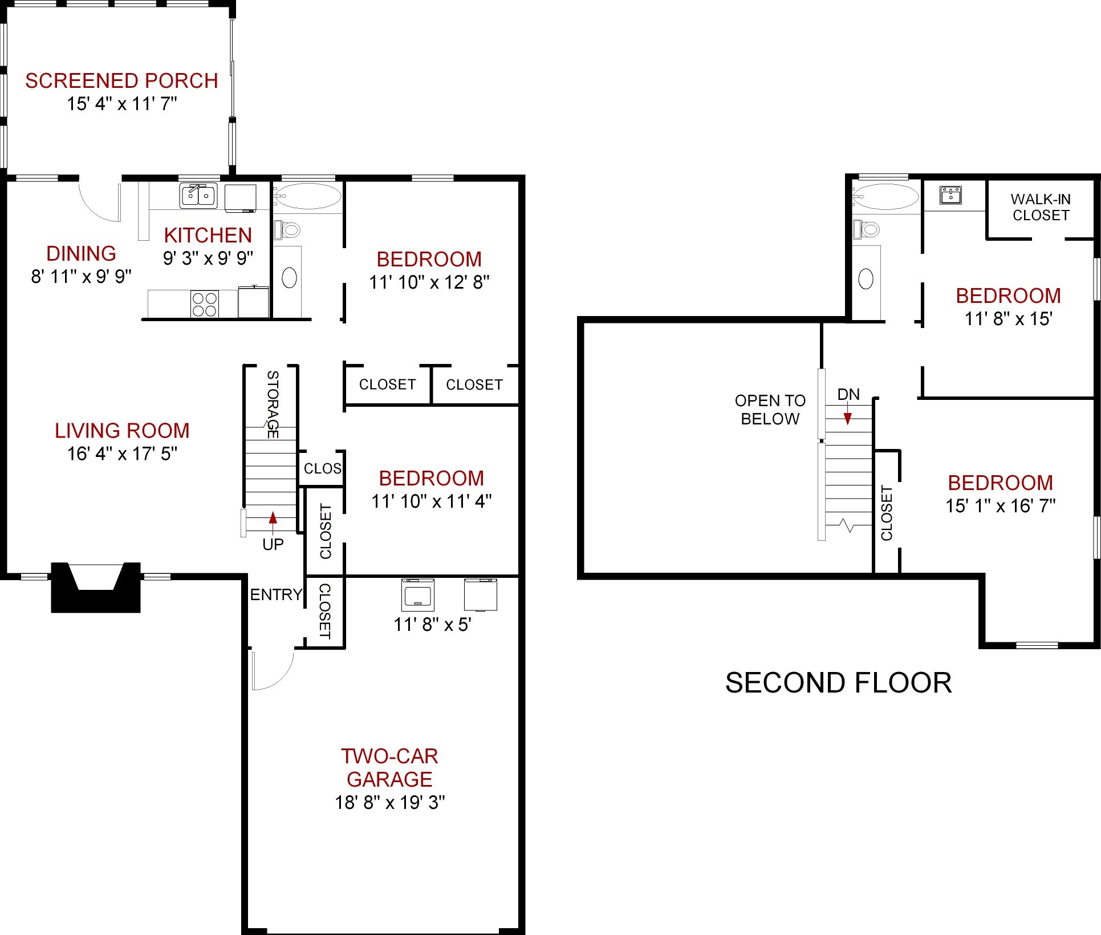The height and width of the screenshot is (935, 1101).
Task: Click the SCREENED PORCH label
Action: point(121,81)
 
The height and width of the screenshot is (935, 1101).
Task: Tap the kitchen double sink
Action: point(198,196)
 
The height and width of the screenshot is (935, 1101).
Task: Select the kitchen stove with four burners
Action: point(205,303)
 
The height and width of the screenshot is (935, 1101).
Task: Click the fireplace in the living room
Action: point(96,588)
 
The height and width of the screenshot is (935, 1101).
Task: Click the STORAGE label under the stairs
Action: point(273,404)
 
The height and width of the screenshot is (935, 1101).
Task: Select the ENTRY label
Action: point(276,594)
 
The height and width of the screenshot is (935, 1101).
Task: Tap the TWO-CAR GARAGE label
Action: point(389,767)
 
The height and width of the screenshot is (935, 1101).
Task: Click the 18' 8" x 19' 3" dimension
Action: point(389,802)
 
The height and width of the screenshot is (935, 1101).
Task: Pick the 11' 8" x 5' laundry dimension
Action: point(432,625)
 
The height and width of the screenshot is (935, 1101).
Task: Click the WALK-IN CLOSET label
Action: point(1041,207)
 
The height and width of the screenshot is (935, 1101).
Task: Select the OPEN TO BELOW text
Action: point(770,410)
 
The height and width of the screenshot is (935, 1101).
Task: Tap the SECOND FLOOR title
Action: point(839,683)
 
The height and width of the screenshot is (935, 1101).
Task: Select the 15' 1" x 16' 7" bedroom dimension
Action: point(1001,505)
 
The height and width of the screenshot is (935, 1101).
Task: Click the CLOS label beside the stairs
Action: point(322,468)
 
